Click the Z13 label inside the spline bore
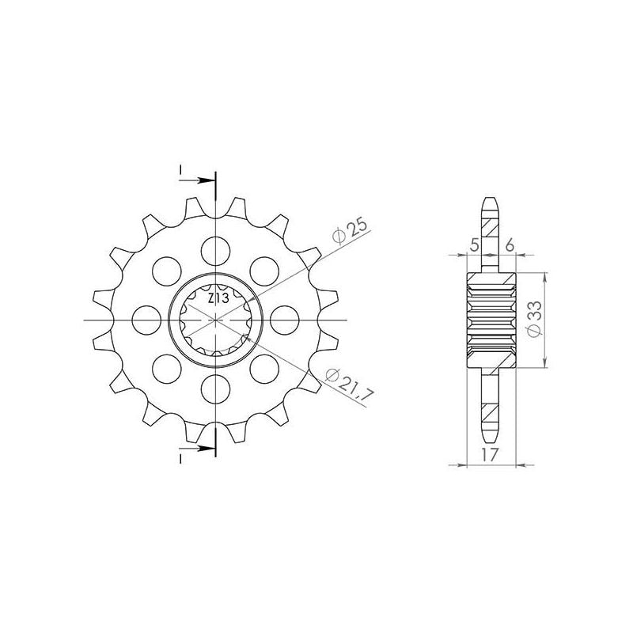(x=218, y=299)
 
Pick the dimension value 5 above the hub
(x=475, y=245)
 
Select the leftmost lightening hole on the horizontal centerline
(x=145, y=319)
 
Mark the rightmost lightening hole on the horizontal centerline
(x=283, y=319)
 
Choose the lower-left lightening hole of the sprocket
(x=165, y=368)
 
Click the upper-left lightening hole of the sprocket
(x=165, y=270)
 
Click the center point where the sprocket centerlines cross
(x=214, y=319)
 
